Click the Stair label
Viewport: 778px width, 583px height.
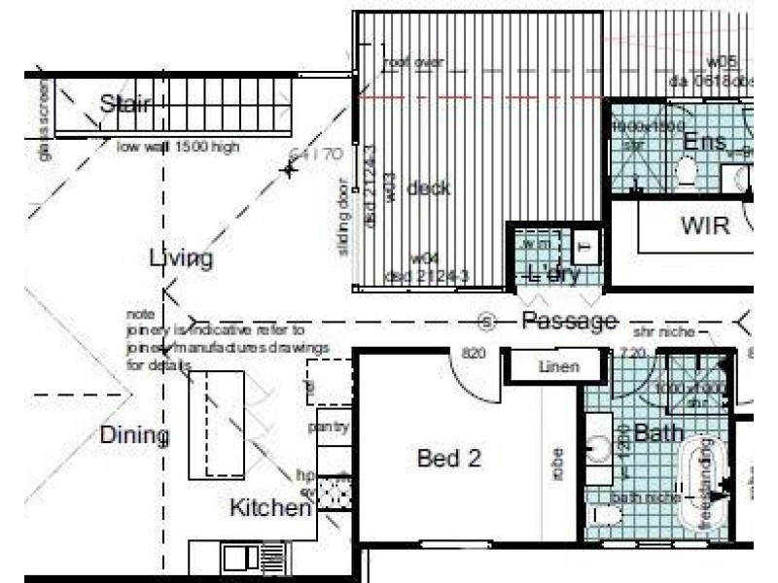[x=124, y=104]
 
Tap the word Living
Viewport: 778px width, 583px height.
[x=181, y=257]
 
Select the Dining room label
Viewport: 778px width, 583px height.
[x=134, y=435]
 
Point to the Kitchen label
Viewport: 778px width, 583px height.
[x=270, y=507]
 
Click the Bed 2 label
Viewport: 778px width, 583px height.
[x=448, y=459]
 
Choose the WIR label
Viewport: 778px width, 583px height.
[x=704, y=226]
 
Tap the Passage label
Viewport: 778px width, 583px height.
[x=569, y=321]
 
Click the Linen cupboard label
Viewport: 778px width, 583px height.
[x=558, y=367]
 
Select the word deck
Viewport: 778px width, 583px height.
[x=428, y=188]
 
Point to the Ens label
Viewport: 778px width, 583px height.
[x=704, y=143]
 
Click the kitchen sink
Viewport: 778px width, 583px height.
[x=237, y=557]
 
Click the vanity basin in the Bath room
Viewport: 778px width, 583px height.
[x=598, y=446]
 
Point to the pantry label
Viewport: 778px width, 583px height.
[x=328, y=427]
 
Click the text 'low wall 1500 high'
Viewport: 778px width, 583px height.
[x=178, y=148]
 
